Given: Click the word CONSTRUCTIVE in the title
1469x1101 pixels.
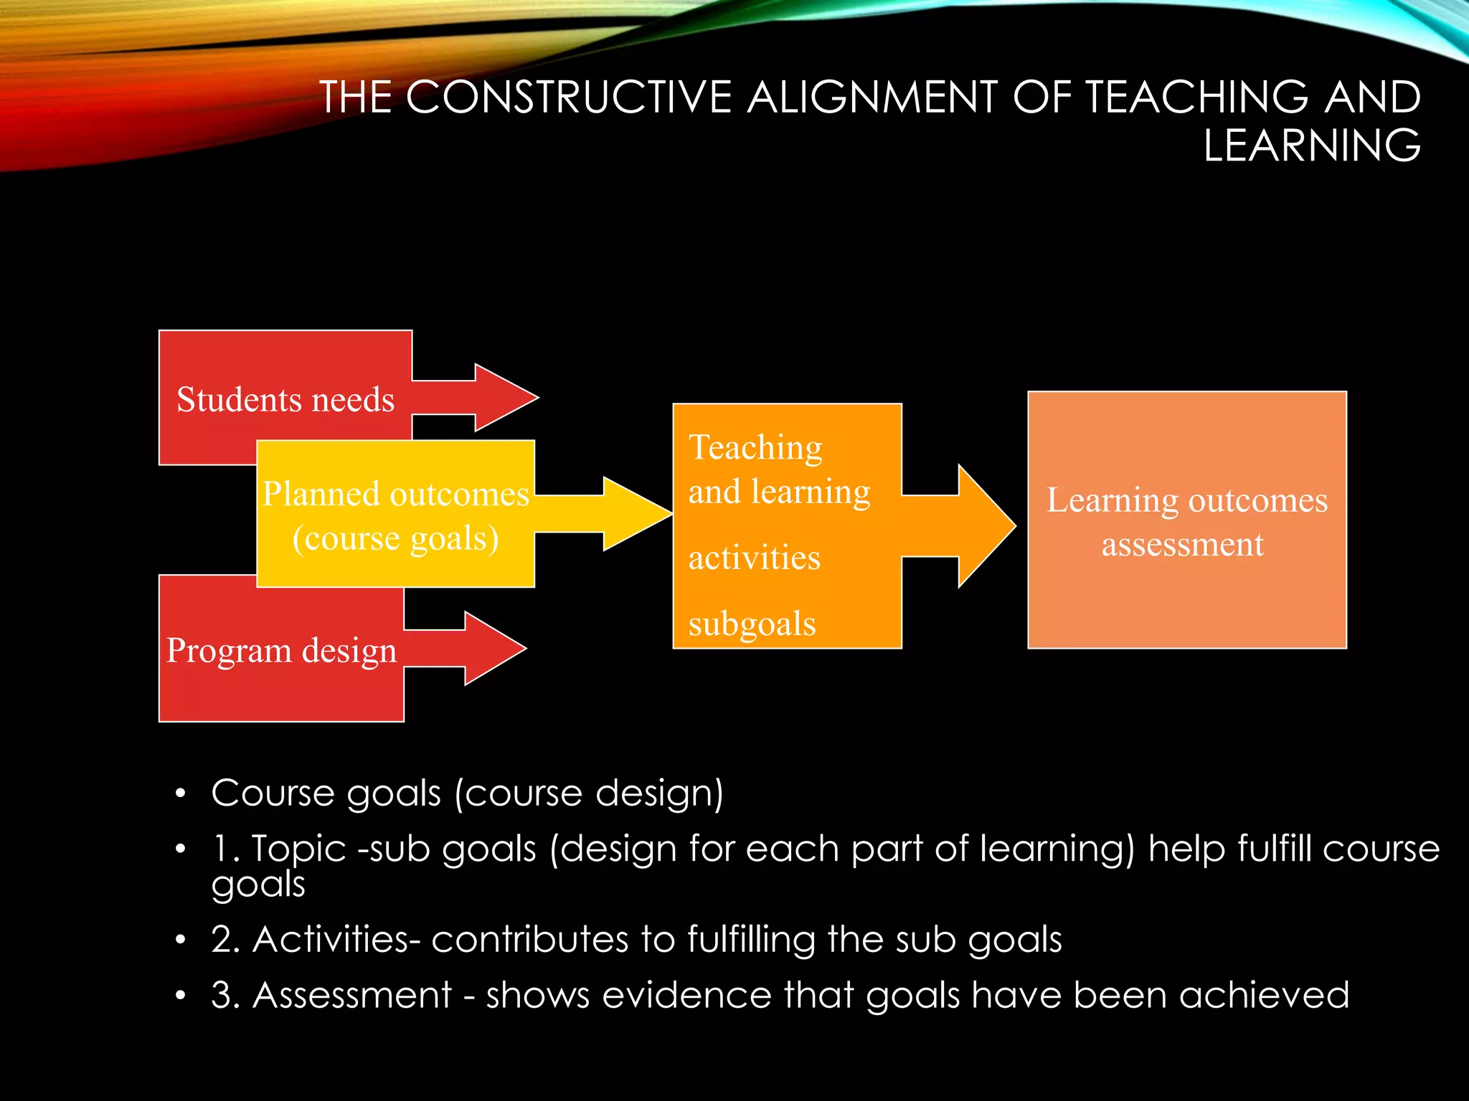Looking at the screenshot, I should (568, 97).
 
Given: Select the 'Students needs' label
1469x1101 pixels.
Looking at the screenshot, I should (285, 399).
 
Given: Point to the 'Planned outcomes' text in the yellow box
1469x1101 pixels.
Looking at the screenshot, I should (396, 494).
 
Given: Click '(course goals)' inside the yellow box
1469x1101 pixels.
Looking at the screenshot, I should (396, 538).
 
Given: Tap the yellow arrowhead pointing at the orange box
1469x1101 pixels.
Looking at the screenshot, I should (635, 514).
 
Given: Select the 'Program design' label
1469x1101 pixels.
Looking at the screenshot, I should (282, 651).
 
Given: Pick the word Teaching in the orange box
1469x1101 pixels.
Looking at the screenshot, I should (755, 448).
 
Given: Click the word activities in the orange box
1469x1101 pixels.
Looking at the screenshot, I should (754, 558).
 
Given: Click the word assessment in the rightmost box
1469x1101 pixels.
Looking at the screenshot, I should (1182, 545).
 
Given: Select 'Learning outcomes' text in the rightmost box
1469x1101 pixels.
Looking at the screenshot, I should (1187, 500).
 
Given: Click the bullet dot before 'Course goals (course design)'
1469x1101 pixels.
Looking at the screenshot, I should (181, 793).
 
